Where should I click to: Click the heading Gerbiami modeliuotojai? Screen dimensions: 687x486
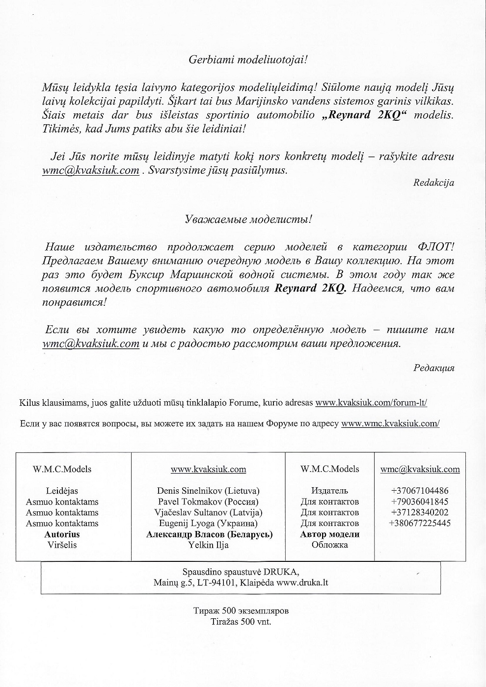(248, 60)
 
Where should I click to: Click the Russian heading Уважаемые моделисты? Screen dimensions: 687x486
(248, 219)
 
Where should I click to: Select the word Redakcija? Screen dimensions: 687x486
(434, 183)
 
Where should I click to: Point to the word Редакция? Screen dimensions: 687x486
(434, 368)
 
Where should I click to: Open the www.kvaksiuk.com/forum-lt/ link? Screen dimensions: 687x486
(371, 402)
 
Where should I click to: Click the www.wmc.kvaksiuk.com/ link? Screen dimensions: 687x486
(390, 423)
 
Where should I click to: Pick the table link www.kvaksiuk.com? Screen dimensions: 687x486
(208, 469)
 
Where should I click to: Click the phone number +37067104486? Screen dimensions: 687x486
(420, 491)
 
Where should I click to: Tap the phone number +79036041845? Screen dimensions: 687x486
(420, 502)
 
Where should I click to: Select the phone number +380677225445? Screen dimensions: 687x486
(420, 523)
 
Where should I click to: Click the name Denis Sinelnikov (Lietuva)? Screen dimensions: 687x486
(208, 491)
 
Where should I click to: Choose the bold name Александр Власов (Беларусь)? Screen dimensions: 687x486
(209, 534)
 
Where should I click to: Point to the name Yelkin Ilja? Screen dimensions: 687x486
(208, 545)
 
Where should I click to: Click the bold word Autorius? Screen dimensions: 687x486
(62, 534)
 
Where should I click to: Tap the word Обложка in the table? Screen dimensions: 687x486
(329, 545)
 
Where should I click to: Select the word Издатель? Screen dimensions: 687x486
(329, 491)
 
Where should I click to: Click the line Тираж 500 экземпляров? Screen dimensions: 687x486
(241, 611)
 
